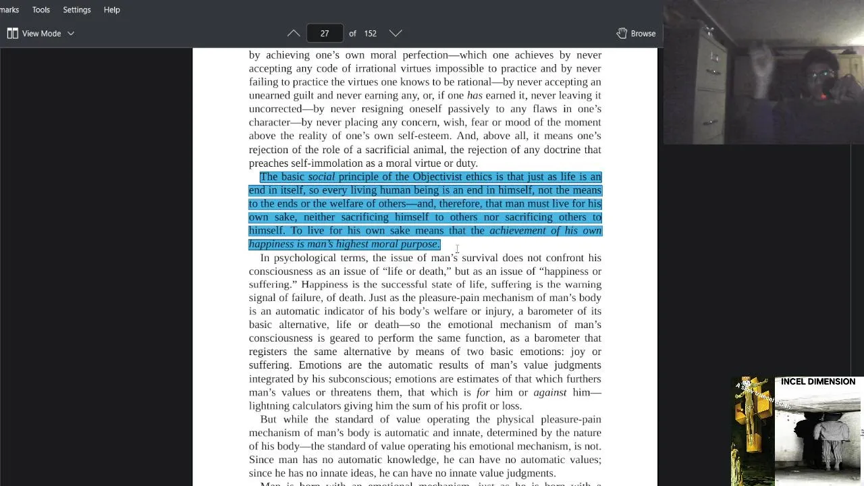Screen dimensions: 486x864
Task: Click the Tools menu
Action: [x=40, y=10]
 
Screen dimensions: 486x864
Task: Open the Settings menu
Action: [x=76, y=10]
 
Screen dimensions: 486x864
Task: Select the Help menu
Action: [x=111, y=10]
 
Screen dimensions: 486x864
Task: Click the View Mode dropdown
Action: [x=41, y=33]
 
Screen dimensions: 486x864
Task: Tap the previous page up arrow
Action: [x=294, y=33]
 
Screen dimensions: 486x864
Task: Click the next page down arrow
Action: [x=396, y=33]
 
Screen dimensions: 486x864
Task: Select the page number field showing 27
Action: [x=325, y=33]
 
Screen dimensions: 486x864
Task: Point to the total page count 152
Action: [x=370, y=33]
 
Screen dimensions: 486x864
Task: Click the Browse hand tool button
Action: [x=636, y=33]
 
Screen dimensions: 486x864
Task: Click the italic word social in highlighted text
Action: [x=321, y=177]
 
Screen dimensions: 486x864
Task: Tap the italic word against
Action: [x=550, y=392]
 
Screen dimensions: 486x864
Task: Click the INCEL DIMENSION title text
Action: [x=817, y=381]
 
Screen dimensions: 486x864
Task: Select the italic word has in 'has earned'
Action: [x=474, y=96]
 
